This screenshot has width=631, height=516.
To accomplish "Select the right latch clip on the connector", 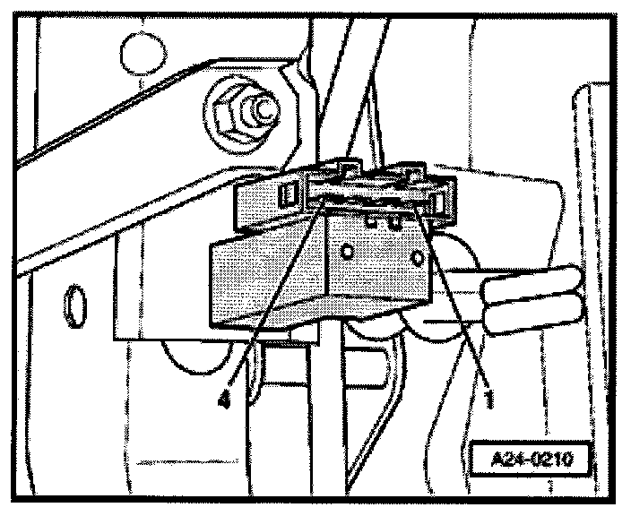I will pyautogui.click(x=442, y=198).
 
